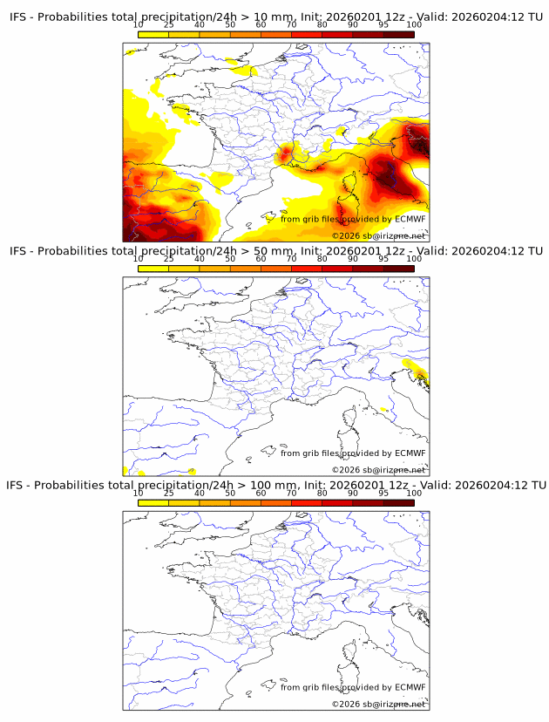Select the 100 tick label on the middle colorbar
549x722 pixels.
point(414,259)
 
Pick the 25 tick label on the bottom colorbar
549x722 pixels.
point(168,493)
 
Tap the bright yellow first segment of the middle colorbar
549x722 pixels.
point(153,269)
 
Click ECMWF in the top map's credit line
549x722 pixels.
point(410,219)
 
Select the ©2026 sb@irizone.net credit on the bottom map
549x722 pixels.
point(378,703)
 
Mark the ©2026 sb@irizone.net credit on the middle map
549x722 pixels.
point(378,469)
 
